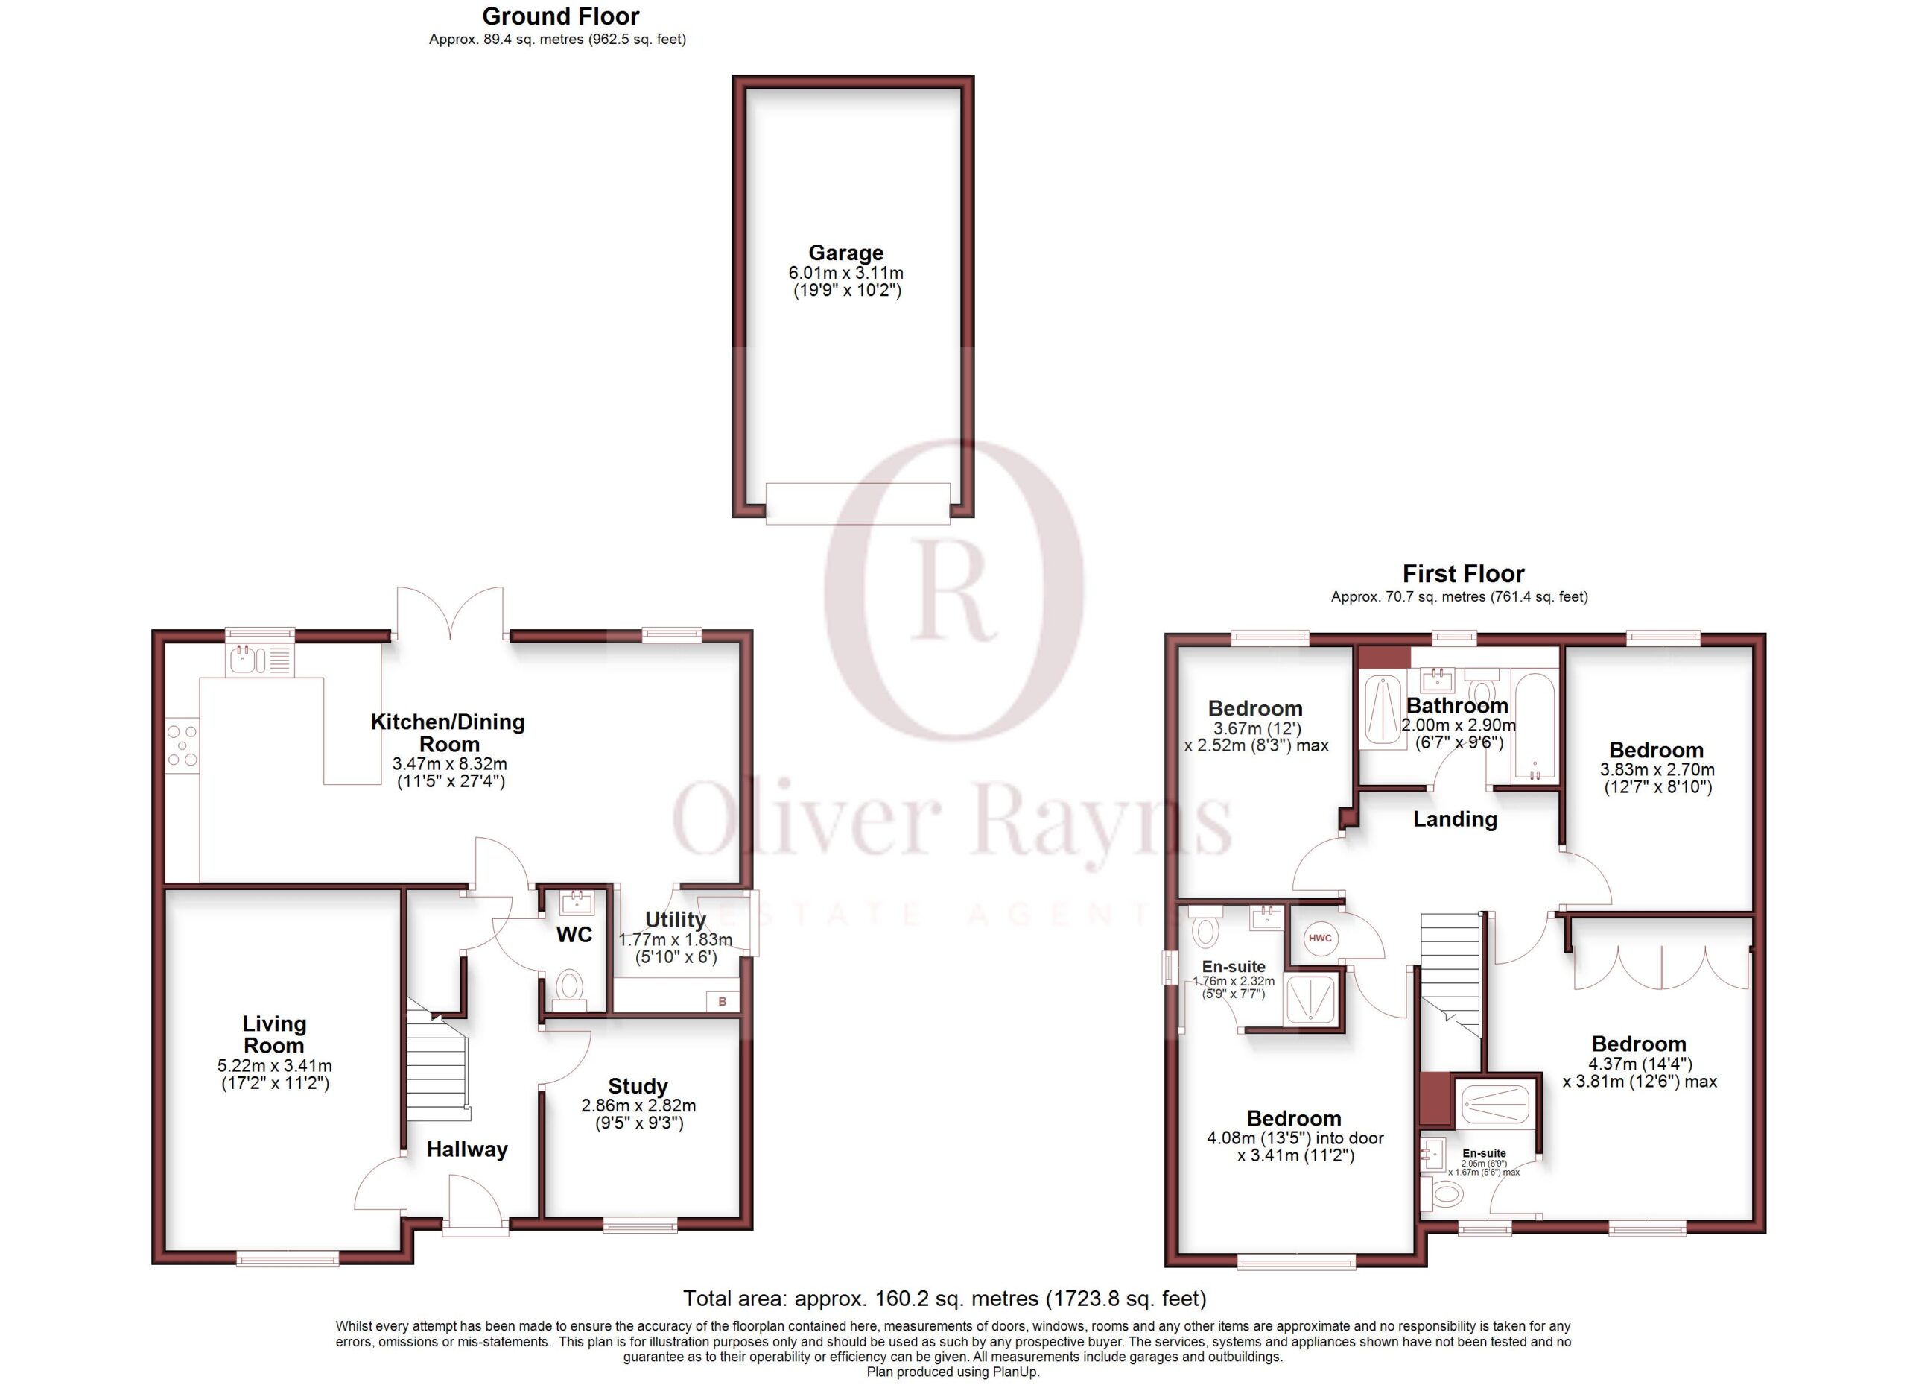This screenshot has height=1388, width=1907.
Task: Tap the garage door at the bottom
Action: pyautogui.click(x=857, y=503)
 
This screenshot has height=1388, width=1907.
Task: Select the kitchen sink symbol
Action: pyautogui.click(x=260, y=660)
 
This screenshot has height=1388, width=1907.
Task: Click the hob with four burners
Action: pyautogui.click(x=183, y=745)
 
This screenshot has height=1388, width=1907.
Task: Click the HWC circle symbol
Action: pyautogui.click(x=1319, y=938)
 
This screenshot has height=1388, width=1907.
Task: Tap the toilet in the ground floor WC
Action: pyautogui.click(x=569, y=989)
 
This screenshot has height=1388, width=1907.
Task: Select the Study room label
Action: pyautogui.click(x=638, y=1086)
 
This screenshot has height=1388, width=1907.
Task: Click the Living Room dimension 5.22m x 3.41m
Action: pyautogui.click(x=274, y=1065)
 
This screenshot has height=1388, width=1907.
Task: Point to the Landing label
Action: pyautogui.click(x=1455, y=819)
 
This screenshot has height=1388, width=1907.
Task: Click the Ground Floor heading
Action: pyautogui.click(x=561, y=16)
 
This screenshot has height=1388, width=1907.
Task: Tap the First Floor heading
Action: pyautogui.click(x=1463, y=574)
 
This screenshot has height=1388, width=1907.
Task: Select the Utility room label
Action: pyautogui.click(x=675, y=919)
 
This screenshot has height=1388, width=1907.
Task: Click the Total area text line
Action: pyautogui.click(x=945, y=1299)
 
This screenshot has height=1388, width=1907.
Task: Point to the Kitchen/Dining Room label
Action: pyautogui.click(x=448, y=733)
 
